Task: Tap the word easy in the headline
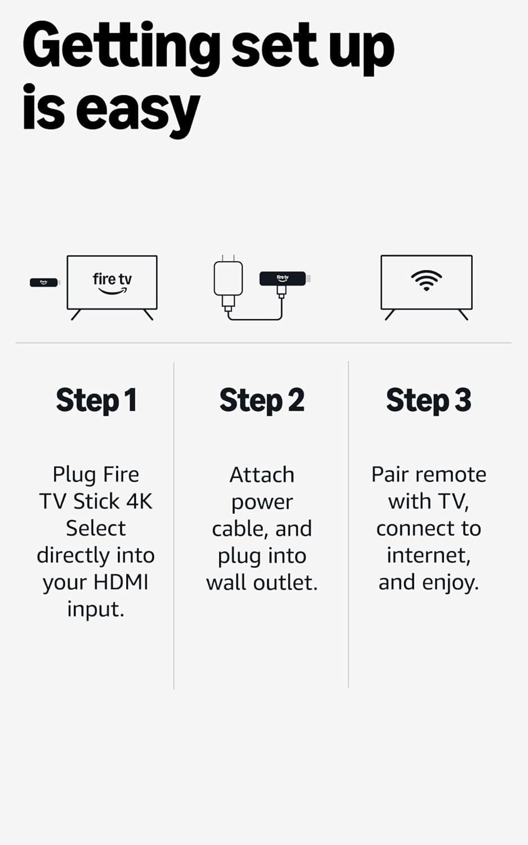(x=137, y=110)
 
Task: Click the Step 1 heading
(x=96, y=401)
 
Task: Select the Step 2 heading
(x=262, y=401)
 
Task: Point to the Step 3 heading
(x=428, y=401)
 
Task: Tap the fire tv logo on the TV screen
(x=112, y=282)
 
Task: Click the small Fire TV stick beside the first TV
(x=44, y=282)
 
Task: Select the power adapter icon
(x=228, y=279)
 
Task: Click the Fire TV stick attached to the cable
(x=283, y=278)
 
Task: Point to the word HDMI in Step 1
(x=120, y=582)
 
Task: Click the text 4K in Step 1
(x=139, y=501)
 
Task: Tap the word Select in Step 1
(x=96, y=528)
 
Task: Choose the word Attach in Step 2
(x=262, y=474)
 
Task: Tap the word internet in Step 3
(x=428, y=555)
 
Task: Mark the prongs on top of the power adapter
(x=228, y=258)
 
